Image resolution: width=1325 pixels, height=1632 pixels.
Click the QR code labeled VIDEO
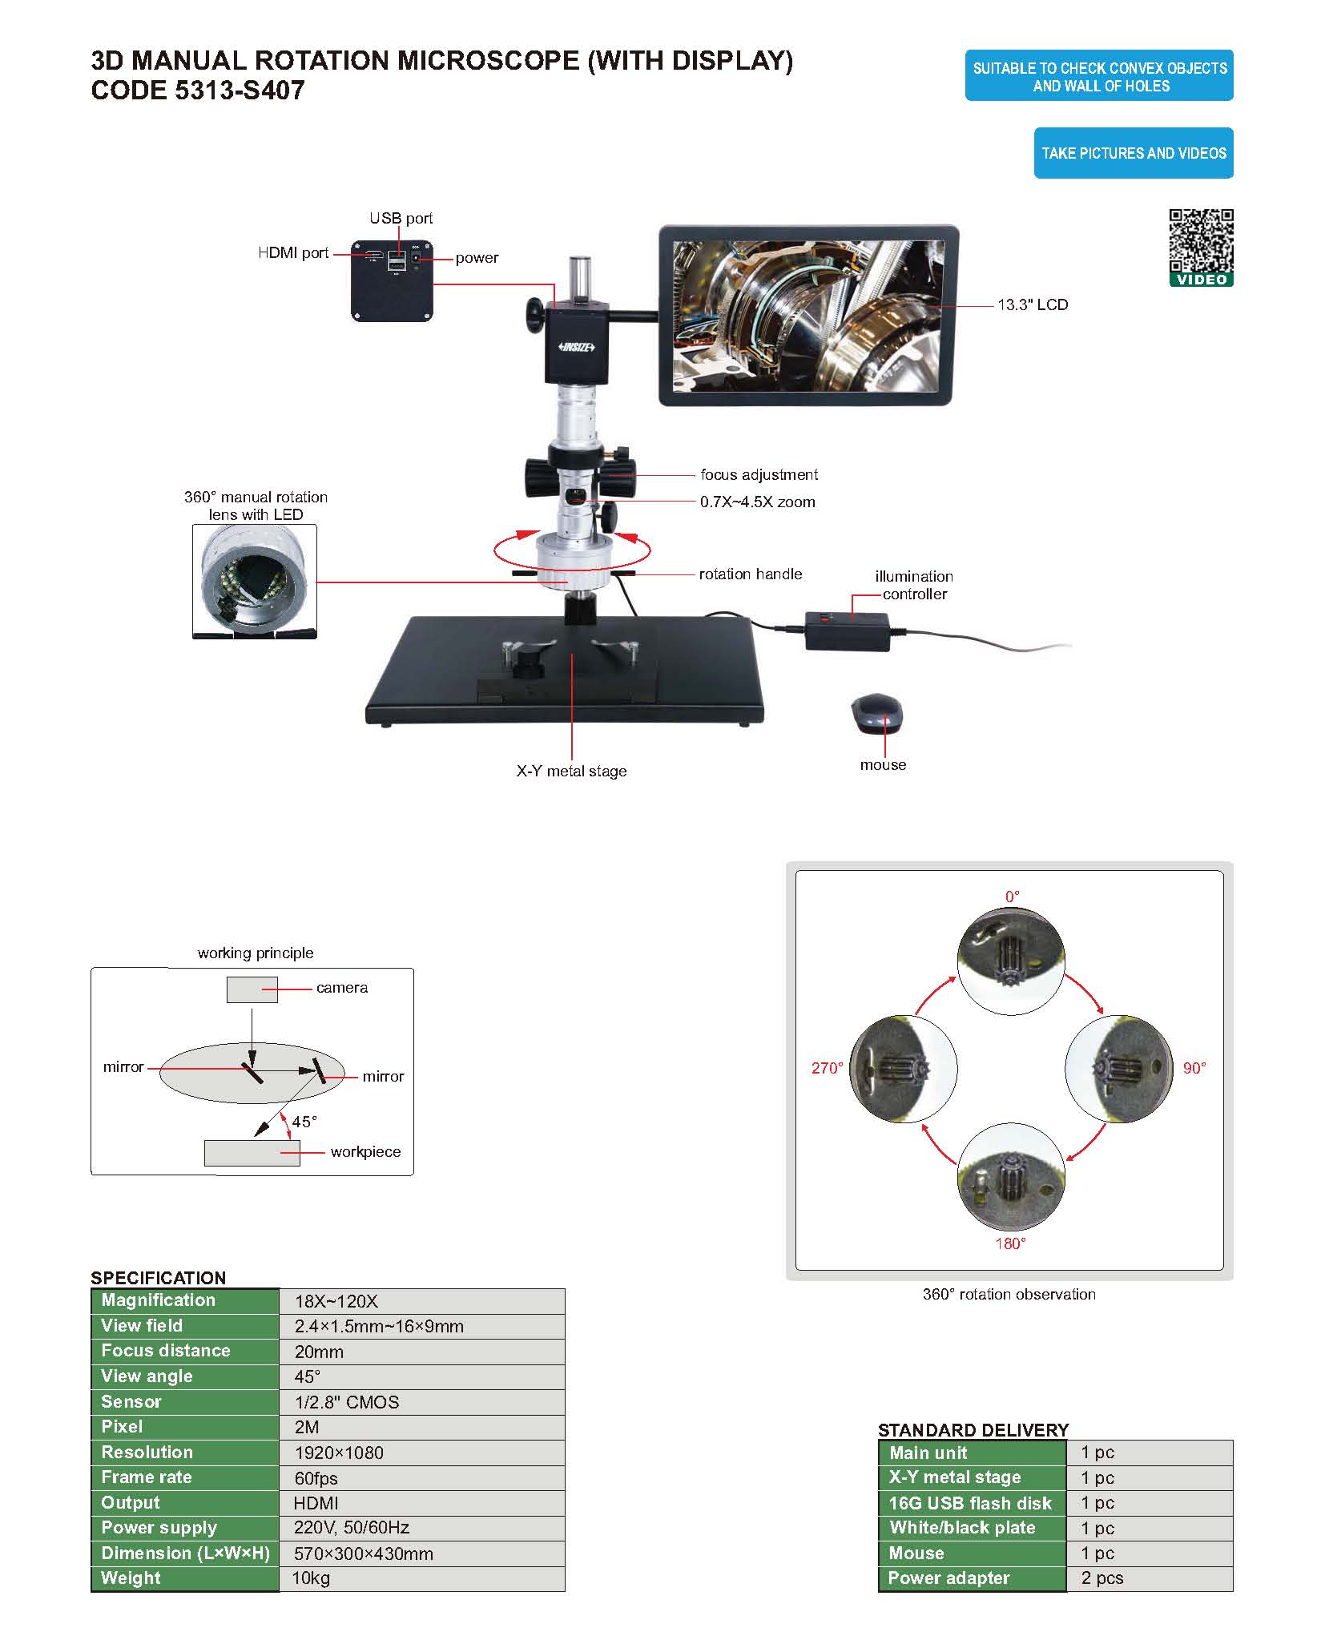pos(1200,241)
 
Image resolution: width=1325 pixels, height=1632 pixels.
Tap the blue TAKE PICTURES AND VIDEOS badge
pos(1133,153)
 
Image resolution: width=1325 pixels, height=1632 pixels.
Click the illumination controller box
pos(847,631)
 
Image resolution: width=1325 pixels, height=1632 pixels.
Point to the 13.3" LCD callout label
pos(1032,305)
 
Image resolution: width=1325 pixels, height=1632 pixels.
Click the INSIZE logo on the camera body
pos(576,347)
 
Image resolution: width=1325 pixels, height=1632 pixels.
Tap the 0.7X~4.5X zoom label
pos(757,502)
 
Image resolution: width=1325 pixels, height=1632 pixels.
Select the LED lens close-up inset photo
pos(255,582)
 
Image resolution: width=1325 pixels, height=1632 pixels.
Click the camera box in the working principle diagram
pos(252,989)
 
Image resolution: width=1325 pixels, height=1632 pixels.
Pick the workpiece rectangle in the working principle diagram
pos(252,1153)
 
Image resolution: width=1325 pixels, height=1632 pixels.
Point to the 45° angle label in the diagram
pos(304,1122)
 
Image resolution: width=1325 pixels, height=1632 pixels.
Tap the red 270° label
pos(827,1068)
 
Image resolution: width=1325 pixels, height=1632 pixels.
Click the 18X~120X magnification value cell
pos(336,1302)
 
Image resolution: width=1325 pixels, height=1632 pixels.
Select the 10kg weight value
pos(312,1578)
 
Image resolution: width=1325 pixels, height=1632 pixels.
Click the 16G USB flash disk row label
pos(969,1503)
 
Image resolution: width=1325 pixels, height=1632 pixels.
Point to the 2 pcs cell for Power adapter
pos(1101,1578)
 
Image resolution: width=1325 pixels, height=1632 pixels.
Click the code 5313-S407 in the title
pos(198,91)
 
